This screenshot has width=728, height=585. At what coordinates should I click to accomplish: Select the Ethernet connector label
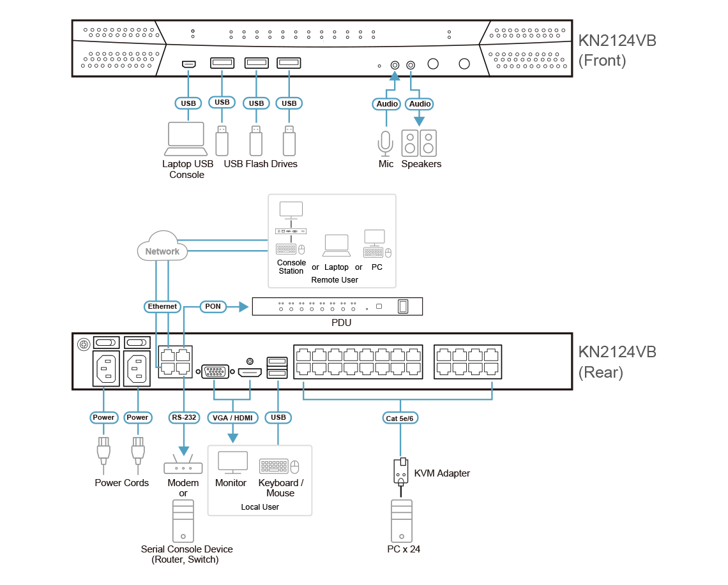click(x=162, y=306)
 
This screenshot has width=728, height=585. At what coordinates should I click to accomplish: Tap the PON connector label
click(x=213, y=306)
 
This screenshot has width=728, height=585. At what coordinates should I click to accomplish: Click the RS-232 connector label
click(x=184, y=418)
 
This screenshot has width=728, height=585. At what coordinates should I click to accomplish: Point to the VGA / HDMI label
click(x=232, y=418)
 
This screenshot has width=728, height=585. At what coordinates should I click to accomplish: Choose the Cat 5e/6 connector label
click(x=400, y=418)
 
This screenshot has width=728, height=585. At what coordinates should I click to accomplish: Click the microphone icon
click(x=385, y=144)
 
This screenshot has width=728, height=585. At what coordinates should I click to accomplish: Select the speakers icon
click(x=419, y=144)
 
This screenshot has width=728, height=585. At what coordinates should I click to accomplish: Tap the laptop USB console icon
click(x=186, y=138)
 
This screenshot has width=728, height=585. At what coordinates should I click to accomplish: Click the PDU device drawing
click(x=337, y=307)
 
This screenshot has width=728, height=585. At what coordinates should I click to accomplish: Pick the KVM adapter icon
click(x=400, y=473)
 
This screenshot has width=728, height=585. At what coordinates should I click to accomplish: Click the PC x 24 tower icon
click(x=401, y=520)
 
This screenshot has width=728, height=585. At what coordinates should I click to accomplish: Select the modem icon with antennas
click(x=183, y=466)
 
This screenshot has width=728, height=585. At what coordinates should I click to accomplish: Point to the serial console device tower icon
click(x=183, y=520)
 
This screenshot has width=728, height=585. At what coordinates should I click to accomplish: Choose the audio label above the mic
click(x=387, y=104)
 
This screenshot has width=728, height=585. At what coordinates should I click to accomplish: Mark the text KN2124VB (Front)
click(x=617, y=51)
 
